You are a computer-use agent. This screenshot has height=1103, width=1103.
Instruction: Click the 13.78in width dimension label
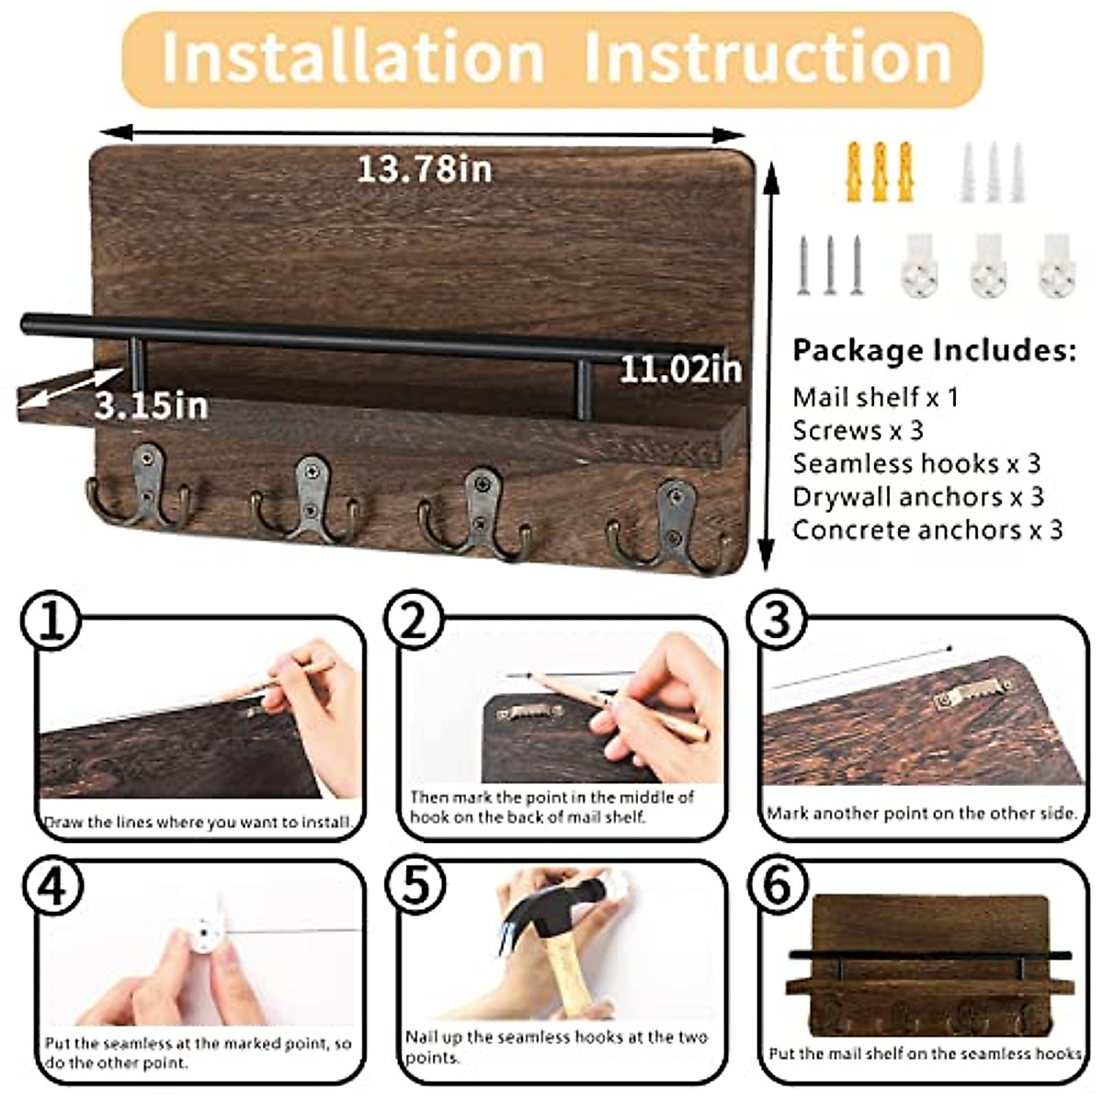(x=424, y=169)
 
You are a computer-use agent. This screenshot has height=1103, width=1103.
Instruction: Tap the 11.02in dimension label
(x=680, y=370)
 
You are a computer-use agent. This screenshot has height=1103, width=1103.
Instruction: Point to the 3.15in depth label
(x=152, y=405)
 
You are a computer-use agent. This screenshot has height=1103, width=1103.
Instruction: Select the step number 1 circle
(x=51, y=622)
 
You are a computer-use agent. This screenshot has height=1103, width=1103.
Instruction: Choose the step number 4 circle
(x=51, y=886)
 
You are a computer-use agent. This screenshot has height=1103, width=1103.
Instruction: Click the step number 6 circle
(x=778, y=886)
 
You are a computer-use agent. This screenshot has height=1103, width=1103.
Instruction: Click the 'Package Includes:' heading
(x=934, y=350)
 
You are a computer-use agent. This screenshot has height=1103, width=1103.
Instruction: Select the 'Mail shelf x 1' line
(x=875, y=397)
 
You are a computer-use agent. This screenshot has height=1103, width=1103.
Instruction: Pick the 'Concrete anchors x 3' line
(x=927, y=529)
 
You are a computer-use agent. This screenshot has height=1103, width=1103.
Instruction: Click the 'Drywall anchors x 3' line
(x=918, y=496)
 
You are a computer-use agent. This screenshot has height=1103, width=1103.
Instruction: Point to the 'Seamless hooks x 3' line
(x=916, y=463)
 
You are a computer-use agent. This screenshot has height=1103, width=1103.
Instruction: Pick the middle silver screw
(x=830, y=265)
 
